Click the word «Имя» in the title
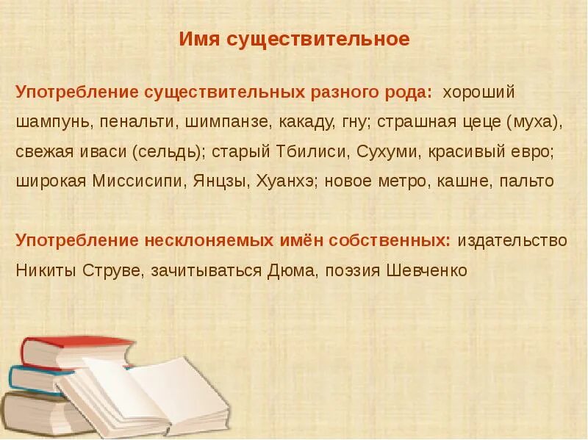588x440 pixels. click(x=196, y=39)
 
